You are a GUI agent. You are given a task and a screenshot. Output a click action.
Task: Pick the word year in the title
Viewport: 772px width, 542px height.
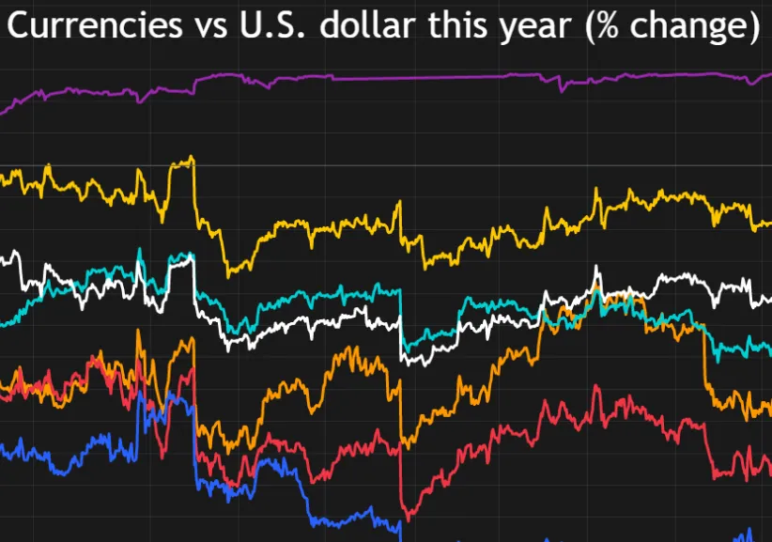[533, 28]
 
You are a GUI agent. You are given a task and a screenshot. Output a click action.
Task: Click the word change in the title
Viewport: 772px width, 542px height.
[689, 28]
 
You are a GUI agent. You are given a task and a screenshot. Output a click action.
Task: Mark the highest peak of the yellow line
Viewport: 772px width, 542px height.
[192, 157]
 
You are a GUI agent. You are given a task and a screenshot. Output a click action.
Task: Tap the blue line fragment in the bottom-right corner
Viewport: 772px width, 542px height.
[749, 534]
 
